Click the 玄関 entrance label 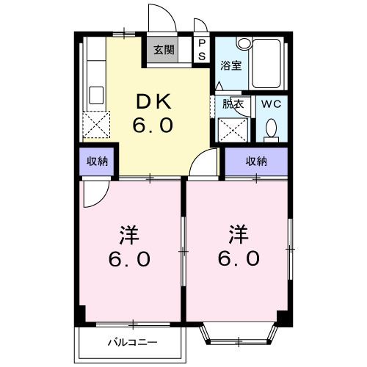point(164,51)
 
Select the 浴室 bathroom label point(232,65)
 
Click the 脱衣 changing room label point(234,103)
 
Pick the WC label point(272,103)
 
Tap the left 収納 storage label point(97,162)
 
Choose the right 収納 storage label point(256,162)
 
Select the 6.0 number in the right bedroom point(237,258)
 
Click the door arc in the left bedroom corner point(95,192)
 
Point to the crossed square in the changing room point(234,129)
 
